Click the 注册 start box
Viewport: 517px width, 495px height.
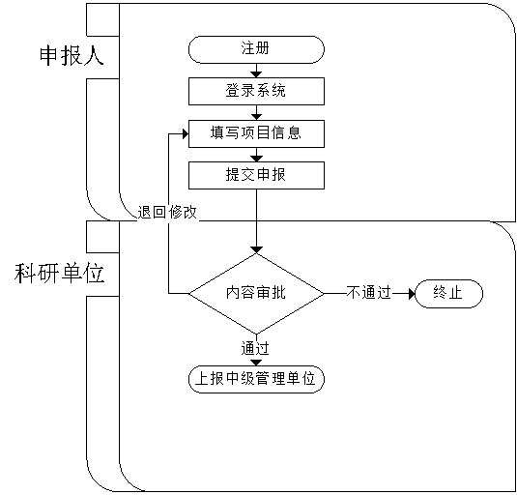pyautogui.click(x=256, y=49)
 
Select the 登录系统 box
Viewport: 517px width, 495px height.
pyautogui.click(x=256, y=91)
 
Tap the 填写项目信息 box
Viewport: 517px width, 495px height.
pyautogui.click(x=256, y=133)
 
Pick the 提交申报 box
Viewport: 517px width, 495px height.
pyautogui.click(x=256, y=175)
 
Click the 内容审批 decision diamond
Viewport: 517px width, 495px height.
pyautogui.click(x=256, y=293)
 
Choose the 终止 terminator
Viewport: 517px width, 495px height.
pyautogui.click(x=448, y=294)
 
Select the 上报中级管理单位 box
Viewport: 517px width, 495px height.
pyautogui.click(x=256, y=379)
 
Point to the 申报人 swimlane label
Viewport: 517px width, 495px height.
pyautogui.click(x=72, y=56)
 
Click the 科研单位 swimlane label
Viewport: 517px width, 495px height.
pyautogui.click(x=59, y=274)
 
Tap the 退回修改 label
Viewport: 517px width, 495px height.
pyautogui.click(x=167, y=212)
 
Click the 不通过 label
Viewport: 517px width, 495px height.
pyautogui.click(x=368, y=293)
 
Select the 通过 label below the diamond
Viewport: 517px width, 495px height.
pyautogui.click(x=255, y=349)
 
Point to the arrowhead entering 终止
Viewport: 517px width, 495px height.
pyautogui.click(x=412, y=293)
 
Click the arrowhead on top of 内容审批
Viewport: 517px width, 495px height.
pyautogui.click(x=256, y=249)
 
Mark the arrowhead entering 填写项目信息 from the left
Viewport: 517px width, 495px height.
pyautogui.click(x=186, y=133)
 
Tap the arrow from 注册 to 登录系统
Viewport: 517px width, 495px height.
pyautogui.click(x=256, y=71)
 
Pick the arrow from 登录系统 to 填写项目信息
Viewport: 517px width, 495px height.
pyautogui.click(x=256, y=112)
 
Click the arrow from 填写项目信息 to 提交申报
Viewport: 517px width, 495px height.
pyautogui.click(x=256, y=155)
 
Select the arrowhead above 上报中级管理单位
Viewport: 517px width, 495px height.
pyautogui.click(x=256, y=363)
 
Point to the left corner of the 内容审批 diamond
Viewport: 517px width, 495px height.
pyautogui.click(x=188, y=293)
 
